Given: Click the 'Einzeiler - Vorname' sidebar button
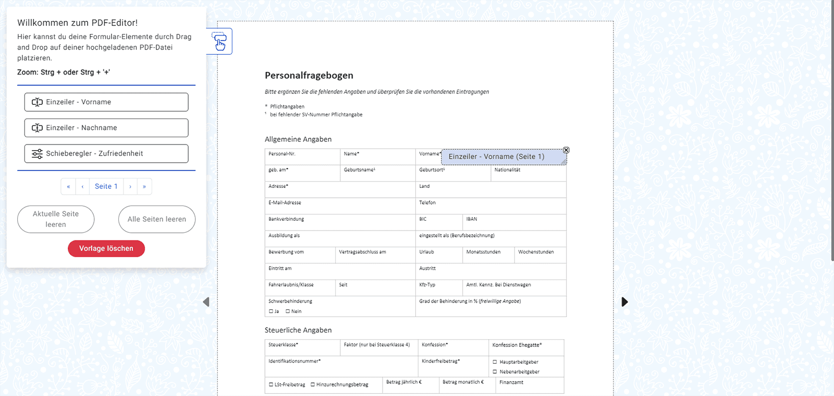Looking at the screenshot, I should coord(106,102).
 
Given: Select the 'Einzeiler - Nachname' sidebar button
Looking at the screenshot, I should coord(106,128).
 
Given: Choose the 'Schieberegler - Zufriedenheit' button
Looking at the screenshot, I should coord(106,153).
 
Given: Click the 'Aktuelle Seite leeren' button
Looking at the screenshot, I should coord(56,219).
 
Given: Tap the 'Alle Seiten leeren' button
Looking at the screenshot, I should coord(157,219).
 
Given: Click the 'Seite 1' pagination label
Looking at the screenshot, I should coord(106,186).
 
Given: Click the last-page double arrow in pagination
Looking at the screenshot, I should coord(144,186).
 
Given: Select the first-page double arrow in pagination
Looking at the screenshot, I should coord(68,186).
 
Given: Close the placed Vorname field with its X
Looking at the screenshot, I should coord(566,150).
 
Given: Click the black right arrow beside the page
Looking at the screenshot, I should coord(624,302).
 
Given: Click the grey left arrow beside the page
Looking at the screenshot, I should coord(206,302).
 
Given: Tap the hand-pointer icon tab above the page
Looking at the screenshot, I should coord(219,41).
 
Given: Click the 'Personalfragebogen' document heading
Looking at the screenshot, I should coord(309,76).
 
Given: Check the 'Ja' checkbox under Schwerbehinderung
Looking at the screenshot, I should coord(271,311).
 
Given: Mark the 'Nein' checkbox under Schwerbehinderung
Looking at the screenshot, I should coord(288,311).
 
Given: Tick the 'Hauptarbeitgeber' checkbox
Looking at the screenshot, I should coord(495,362).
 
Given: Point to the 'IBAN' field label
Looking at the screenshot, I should coord(471,219).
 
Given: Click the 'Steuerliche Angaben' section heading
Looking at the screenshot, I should coord(298,330).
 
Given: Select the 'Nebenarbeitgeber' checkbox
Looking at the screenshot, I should coord(495,372).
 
